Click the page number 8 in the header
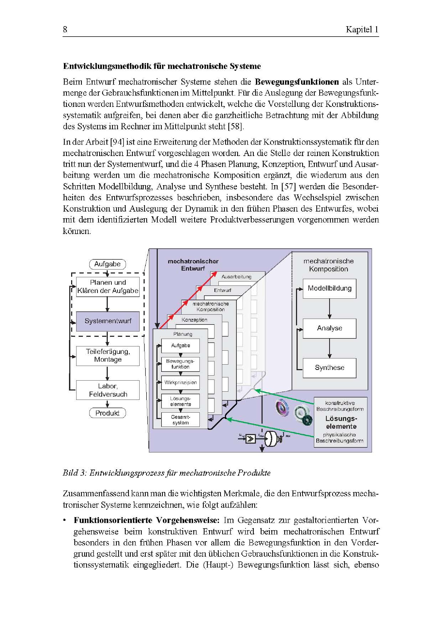point(65,29)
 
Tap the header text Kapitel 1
point(362,29)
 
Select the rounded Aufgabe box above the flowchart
point(107,264)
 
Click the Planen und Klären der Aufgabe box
point(108,287)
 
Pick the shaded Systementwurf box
point(108,321)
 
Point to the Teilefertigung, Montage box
point(108,356)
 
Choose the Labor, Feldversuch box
point(108,390)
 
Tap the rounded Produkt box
point(107,413)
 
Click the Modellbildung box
point(329,288)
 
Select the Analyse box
point(329,328)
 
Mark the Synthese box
point(329,368)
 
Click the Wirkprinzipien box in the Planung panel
point(180,382)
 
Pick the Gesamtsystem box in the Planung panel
point(180,420)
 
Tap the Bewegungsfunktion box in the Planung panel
point(180,364)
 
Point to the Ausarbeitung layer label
point(236,276)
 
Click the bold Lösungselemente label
point(341,422)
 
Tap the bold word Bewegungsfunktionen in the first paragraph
point(297,82)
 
